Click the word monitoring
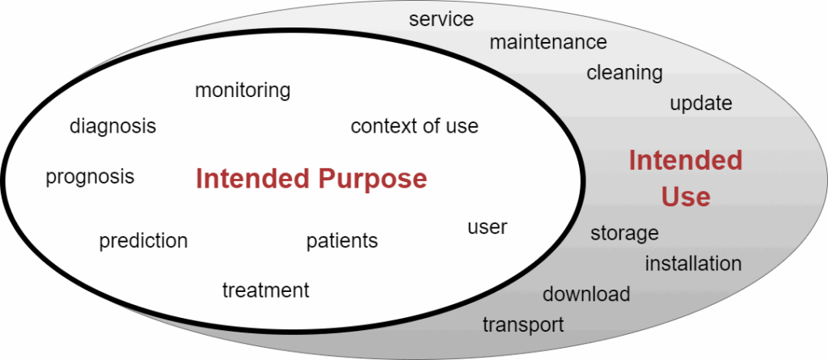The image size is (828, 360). click(243, 90)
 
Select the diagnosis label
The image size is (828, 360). click(112, 126)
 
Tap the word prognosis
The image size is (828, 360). click(90, 176)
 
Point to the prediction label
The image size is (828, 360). click(143, 241)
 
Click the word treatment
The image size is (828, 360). click(265, 290)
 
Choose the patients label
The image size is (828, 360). click(341, 241)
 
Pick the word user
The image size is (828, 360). click(487, 227)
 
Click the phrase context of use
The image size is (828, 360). click(414, 126)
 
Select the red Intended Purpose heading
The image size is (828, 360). click(311, 179)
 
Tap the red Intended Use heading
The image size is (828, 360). click(686, 179)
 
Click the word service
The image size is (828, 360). click(441, 19)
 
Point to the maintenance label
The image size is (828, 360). click(547, 41)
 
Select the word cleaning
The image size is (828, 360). click(624, 73)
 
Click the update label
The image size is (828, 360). click(700, 104)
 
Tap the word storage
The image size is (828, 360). click(624, 233)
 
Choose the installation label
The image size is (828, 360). click(693, 264)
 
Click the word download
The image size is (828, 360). click(585, 294)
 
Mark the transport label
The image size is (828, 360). click(522, 325)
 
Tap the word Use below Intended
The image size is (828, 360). click(686, 197)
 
